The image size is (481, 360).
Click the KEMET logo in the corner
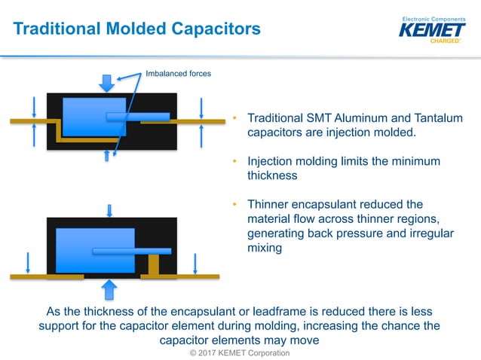click(433, 31)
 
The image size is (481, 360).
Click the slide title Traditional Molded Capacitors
click(137, 29)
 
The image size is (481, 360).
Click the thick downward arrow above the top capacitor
click(107, 82)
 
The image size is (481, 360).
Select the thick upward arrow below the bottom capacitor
click(110, 288)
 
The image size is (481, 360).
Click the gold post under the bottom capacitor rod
click(155, 264)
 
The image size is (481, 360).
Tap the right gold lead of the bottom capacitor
click(181, 276)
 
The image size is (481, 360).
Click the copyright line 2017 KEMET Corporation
click(240, 352)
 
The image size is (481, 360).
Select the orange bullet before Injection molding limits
click(235, 162)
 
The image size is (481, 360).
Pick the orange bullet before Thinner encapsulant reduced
click(235, 205)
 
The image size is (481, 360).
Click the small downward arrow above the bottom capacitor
click(110, 209)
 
